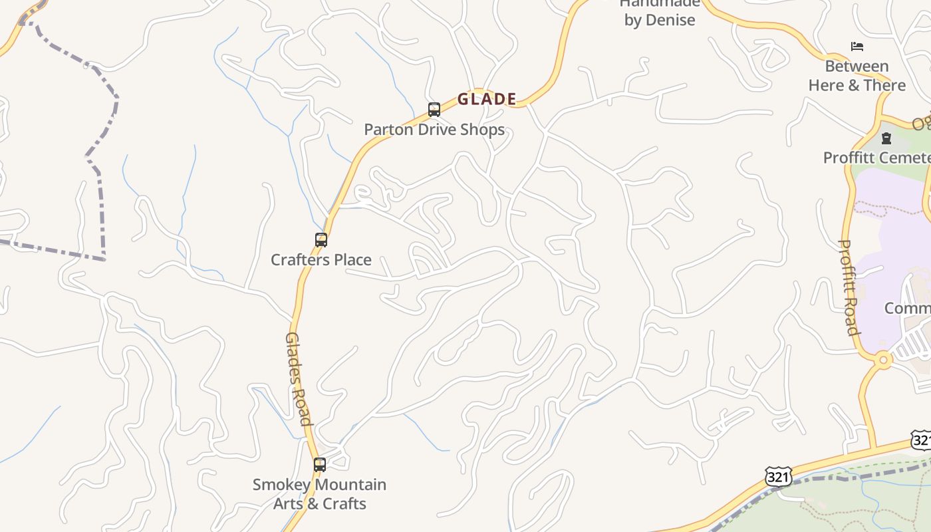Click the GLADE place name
coord(487,99)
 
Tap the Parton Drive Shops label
coord(434,130)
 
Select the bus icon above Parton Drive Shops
coord(434,109)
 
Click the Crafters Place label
coord(321,260)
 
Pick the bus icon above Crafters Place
coord(321,239)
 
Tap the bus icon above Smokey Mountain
coord(320,464)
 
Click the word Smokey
coord(283,485)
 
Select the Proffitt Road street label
coord(849,287)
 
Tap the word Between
coord(857,66)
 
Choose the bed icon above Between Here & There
coord(857,47)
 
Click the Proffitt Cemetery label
coord(876,158)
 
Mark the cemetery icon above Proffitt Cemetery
coord(886,138)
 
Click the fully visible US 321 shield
coord(779,476)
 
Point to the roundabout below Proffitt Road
coord(884,360)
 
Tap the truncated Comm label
coord(907,309)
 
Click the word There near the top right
coord(884,86)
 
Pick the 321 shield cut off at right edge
coord(922,440)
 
